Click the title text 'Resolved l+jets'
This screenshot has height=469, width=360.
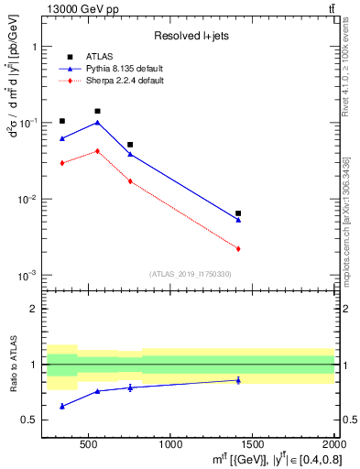tap(191, 37)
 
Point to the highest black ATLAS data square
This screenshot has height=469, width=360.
tap(97, 111)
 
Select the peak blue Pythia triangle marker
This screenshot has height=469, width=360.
tap(97, 122)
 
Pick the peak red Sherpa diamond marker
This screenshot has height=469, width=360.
tap(97, 150)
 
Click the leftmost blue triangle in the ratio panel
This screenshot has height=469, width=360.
tap(61, 406)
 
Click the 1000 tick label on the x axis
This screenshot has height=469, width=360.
tap(170, 444)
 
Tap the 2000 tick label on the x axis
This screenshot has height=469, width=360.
tap(333, 444)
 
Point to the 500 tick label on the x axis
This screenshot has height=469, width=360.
tap(89, 444)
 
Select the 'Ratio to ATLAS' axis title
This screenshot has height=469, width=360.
tap(12, 367)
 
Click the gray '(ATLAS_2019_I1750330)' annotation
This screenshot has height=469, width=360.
tap(190, 274)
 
